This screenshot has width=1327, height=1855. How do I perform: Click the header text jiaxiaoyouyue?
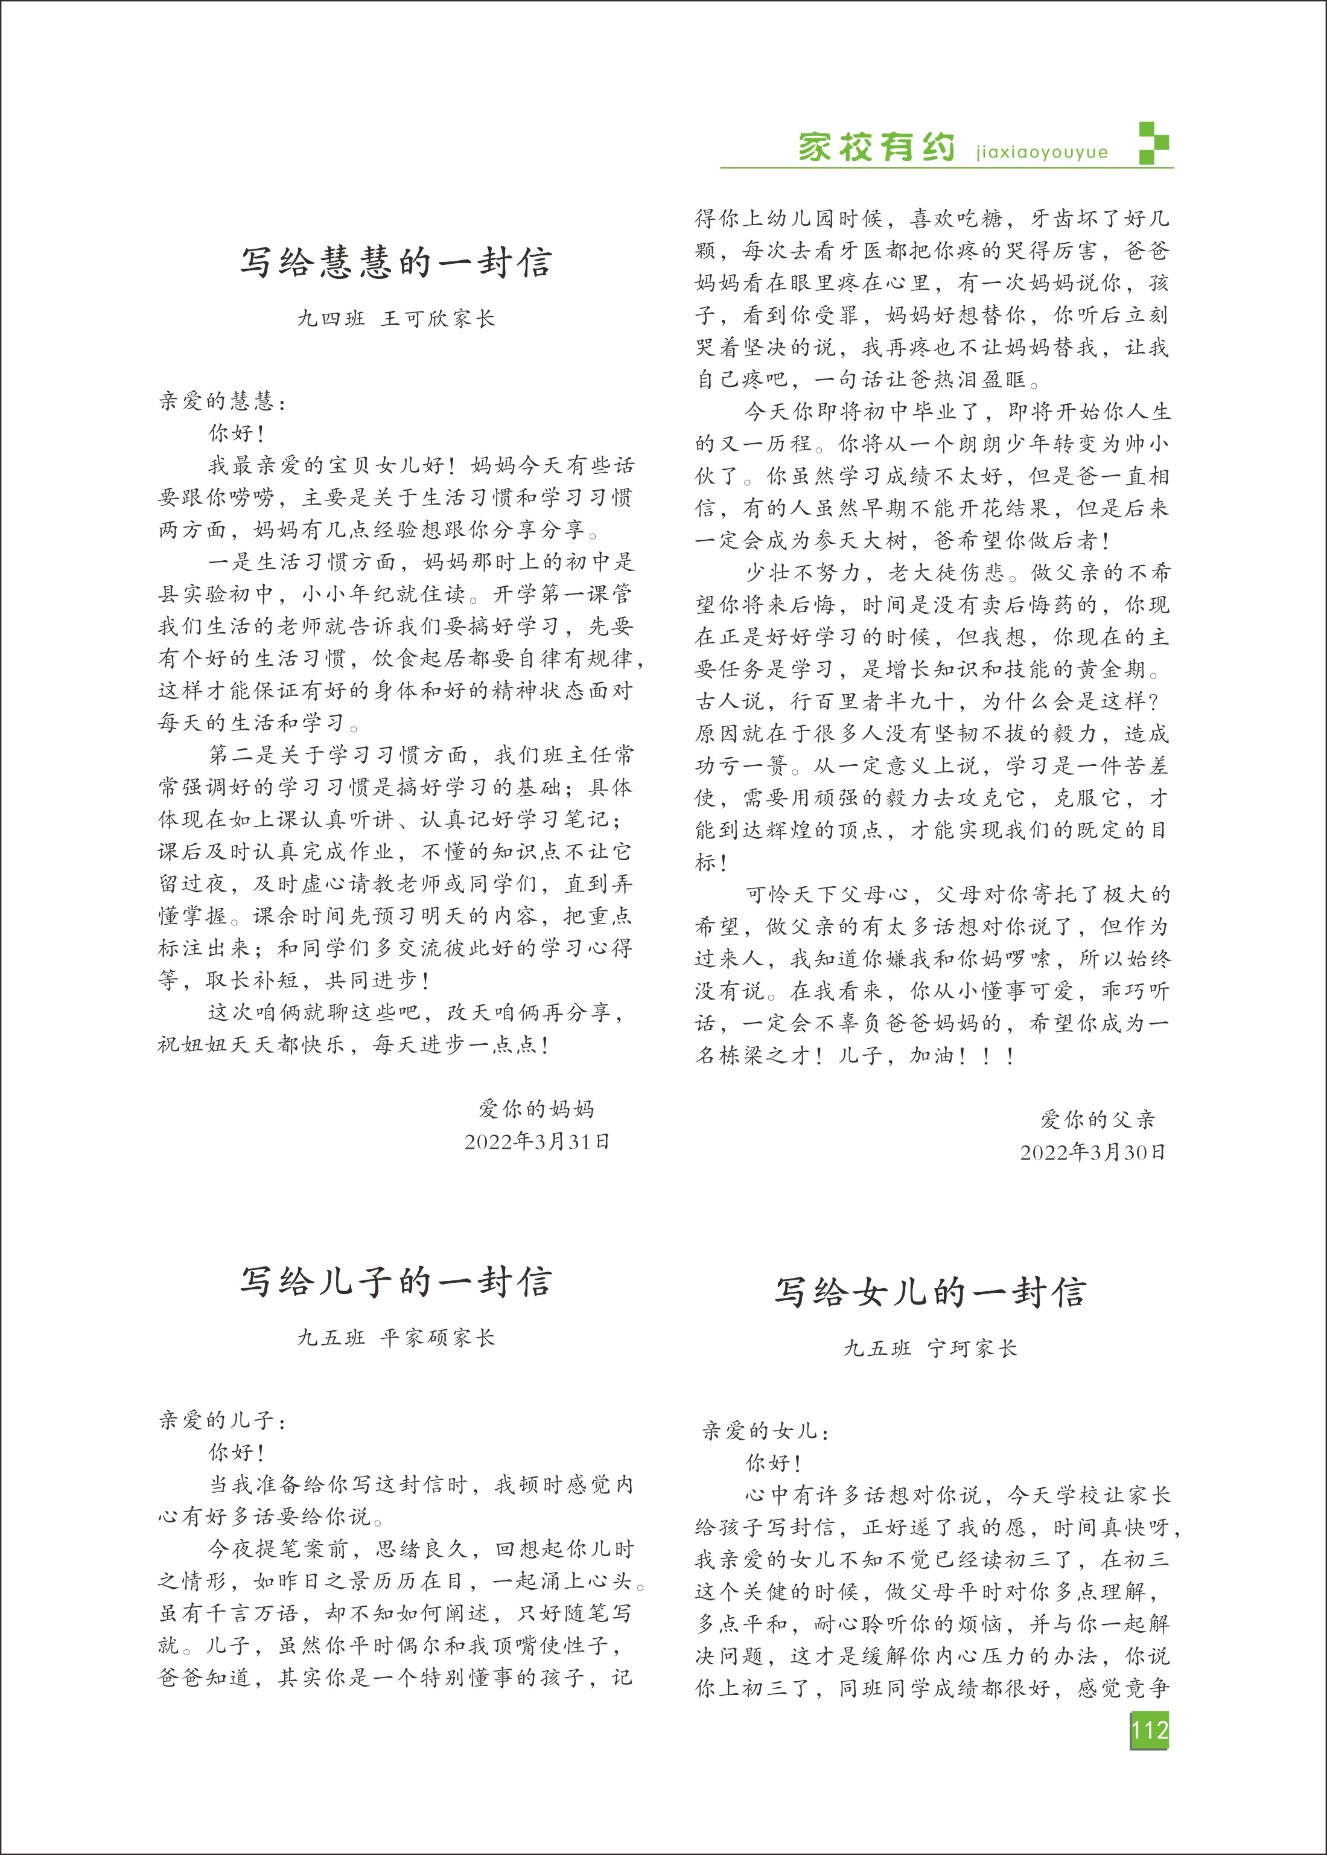[x=1042, y=153]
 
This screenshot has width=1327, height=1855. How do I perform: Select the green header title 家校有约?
[x=876, y=148]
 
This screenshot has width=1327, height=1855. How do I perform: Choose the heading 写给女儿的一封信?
[x=931, y=1292]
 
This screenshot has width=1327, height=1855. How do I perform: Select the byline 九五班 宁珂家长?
[x=931, y=1349]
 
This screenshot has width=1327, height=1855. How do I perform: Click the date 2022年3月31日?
[x=537, y=1141]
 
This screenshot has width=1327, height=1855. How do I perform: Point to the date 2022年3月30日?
[x=1092, y=1152]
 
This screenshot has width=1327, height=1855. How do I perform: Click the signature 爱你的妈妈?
[x=537, y=1109]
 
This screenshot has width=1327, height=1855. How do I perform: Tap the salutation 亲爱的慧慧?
[x=222, y=401]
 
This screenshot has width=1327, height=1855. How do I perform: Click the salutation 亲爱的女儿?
[x=765, y=1431]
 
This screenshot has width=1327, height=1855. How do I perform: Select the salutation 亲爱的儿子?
[x=222, y=1420]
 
